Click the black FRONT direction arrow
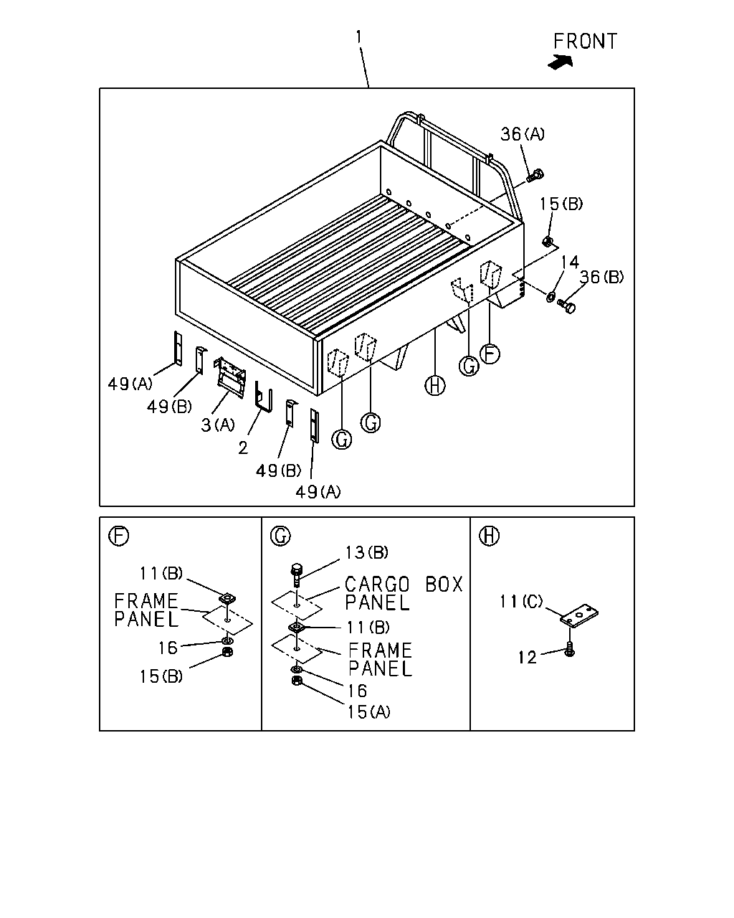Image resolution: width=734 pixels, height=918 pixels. tap(561, 62)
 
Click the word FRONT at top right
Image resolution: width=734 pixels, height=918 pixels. tap(585, 42)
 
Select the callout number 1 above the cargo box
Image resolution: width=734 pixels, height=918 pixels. tap(359, 37)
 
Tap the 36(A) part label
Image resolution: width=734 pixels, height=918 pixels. tap(523, 134)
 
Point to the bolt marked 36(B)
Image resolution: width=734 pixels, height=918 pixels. tap(567, 306)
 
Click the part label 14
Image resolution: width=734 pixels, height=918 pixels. tap(570, 262)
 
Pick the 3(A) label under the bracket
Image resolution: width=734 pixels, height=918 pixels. tap(217, 425)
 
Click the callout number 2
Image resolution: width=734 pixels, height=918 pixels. tap(243, 448)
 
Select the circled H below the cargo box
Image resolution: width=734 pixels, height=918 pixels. tap(434, 386)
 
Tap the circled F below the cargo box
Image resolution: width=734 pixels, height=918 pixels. tap(490, 354)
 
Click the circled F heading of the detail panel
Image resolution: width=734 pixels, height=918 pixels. tap(118, 536)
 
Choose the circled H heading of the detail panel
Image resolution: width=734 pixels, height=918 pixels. tap(489, 536)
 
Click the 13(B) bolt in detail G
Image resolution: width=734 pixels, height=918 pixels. tap(297, 575)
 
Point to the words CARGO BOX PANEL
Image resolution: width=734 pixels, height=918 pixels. tap(404, 593)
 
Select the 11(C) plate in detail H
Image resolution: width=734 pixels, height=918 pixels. tap(579, 615)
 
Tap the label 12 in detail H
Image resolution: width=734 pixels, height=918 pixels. tap(527, 658)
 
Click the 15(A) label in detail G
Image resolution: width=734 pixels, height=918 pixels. tap(368, 711)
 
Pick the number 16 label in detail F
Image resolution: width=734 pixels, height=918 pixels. tap(168, 648)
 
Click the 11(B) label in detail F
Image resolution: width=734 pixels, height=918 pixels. tap(161, 573)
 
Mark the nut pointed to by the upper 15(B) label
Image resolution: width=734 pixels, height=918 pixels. tap(547, 242)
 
